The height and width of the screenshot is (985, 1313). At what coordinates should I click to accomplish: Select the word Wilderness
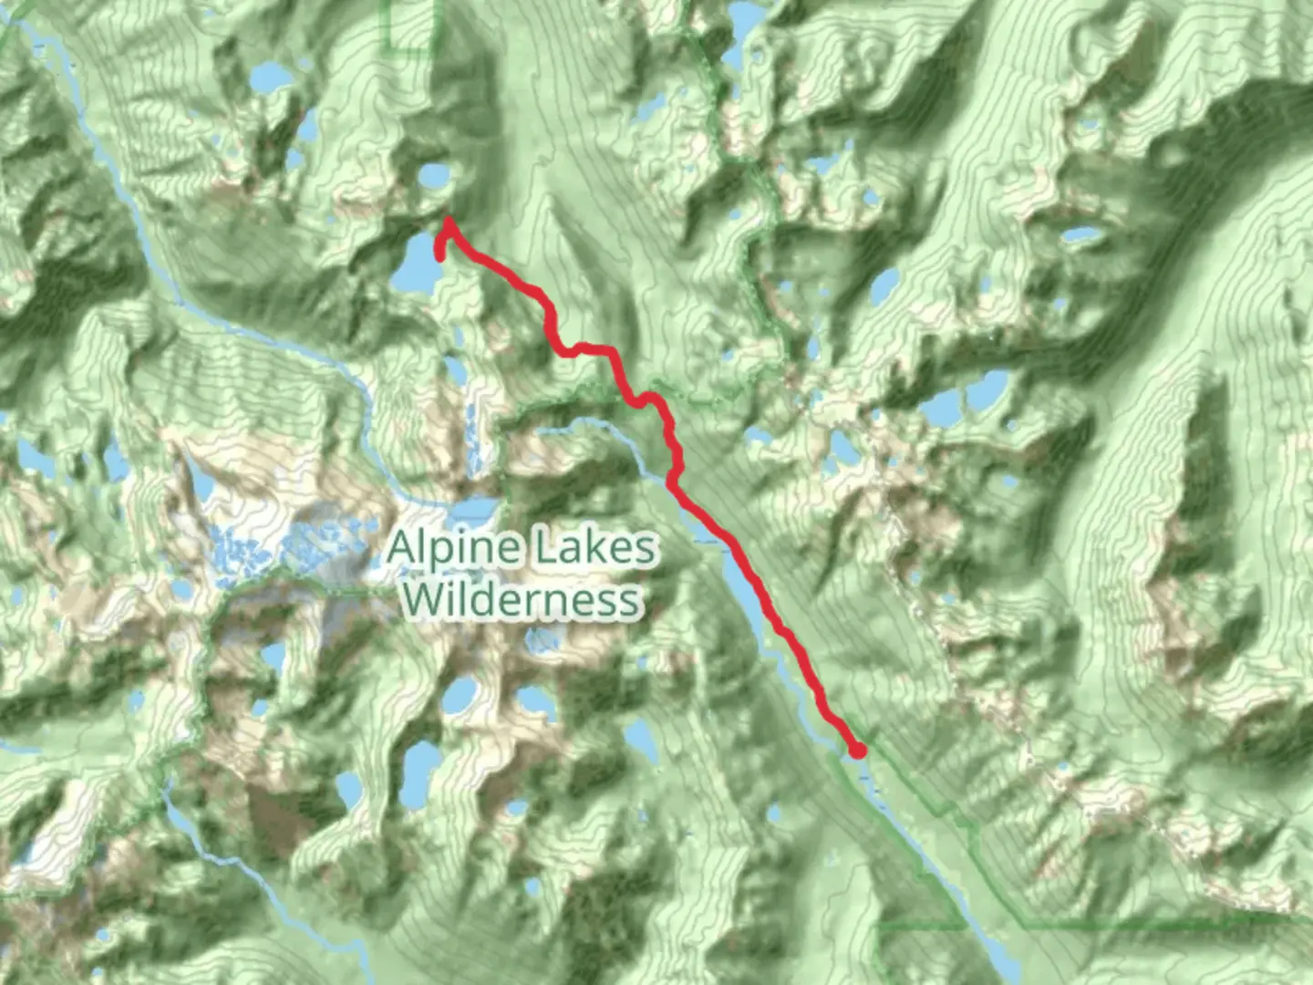(522, 600)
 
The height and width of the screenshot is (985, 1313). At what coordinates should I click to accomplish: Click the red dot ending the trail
(857, 751)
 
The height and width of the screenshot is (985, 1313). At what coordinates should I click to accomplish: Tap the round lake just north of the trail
(433, 175)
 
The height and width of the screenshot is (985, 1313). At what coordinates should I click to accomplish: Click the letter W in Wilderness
(425, 599)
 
